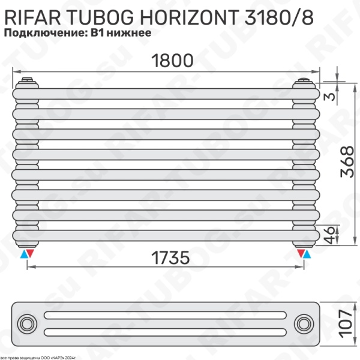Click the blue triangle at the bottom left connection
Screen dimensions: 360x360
click(23, 254)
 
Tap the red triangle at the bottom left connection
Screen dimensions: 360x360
click(32, 254)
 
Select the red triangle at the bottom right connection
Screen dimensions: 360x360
click(300, 254)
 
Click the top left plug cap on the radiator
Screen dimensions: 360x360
click(27, 80)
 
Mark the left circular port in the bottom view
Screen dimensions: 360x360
click(28, 325)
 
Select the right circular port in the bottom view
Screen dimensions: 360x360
click(304, 325)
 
